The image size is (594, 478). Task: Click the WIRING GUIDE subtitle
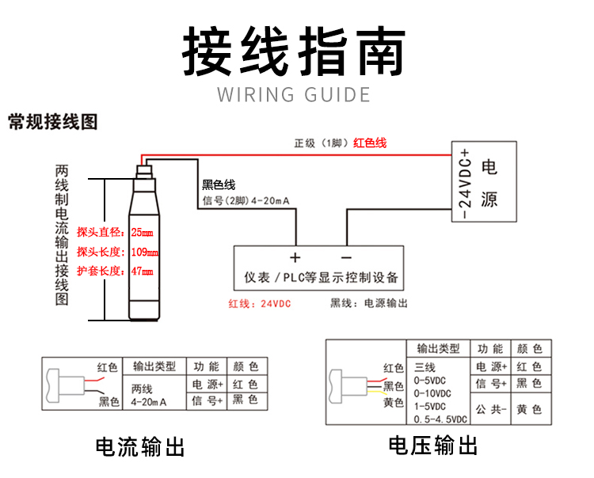294,96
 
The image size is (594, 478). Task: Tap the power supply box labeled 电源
489,183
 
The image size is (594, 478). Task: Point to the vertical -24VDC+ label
464,183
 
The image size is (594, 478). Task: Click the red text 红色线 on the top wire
370,143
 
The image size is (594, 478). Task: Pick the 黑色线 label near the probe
219,185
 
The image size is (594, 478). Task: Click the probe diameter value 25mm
142,233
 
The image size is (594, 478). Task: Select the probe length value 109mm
144,252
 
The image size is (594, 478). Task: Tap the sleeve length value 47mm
142,271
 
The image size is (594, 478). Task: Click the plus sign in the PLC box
295,258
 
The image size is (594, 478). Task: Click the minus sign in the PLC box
345,258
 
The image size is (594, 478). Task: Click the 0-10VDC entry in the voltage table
433,393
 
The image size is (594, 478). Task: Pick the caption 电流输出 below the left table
140,447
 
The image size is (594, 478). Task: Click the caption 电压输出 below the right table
432,446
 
